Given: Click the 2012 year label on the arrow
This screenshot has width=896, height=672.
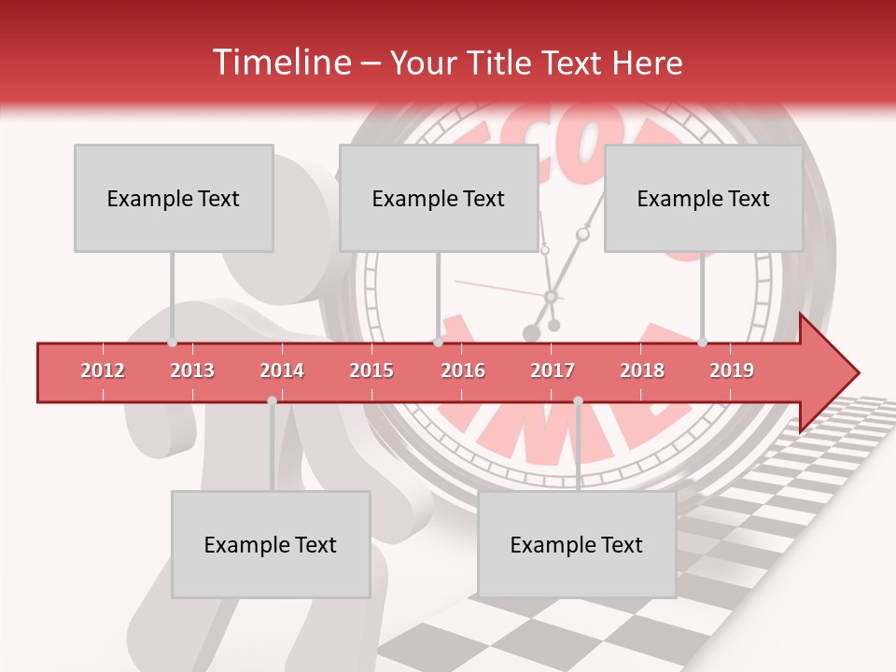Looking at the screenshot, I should click(x=103, y=371).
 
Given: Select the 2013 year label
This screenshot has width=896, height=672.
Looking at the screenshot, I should click(x=192, y=371).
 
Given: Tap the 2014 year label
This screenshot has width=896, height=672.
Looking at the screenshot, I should click(x=282, y=371).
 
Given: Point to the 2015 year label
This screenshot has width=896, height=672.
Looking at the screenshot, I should click(x=371, y=371).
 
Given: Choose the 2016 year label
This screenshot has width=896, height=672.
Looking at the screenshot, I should click(x=463, y=371).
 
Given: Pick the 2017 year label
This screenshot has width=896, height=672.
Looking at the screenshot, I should click(x=553, y=371).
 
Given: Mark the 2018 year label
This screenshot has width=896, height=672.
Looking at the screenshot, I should click(x=642, y=371).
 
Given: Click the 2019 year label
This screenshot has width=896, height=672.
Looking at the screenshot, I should click(x=732, y=371).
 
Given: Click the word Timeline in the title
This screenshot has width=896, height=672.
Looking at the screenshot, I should click(x=281, y=63).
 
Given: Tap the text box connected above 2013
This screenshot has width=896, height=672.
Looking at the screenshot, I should click(x=174, y=198).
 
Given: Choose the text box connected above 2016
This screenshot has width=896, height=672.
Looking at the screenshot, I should click(x=439, y=198).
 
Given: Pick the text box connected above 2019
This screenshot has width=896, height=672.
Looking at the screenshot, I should click(x=704, y=198).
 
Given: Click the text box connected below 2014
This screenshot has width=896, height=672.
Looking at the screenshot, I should click(x=271, y=544).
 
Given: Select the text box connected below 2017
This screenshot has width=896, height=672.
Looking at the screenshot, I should click(x=577, y=544).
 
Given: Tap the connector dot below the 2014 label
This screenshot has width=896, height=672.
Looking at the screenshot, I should click(x=272, y=400).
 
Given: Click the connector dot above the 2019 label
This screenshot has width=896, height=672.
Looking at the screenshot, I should click(x=702, y=343).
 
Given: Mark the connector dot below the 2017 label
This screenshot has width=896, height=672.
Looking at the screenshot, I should click(x=578, y=400).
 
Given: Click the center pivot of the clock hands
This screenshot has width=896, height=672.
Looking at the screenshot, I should click(x=551, y=296).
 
